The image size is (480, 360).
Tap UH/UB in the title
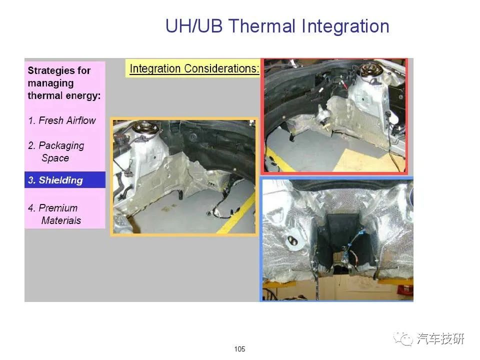click(x=194, y=26)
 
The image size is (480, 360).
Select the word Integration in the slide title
click(x=345, y=27)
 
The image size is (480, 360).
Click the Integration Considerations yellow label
click(x=193, y=68)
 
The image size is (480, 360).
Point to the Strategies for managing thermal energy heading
click(x=64, y=83)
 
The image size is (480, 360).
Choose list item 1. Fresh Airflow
click(x=62, y=120)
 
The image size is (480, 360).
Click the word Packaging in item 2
click(x=61, y=145)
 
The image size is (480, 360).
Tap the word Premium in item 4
click(x=58, y=208)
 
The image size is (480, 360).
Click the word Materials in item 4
click(x=61, y=220)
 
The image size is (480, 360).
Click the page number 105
click(x=239, y=349)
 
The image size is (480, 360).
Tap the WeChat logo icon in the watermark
click(x=403, y=338)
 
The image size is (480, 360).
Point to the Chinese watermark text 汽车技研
click(x=440, y=338)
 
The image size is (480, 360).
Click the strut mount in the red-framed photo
click(x=371, y=70)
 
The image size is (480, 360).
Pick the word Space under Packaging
click(x=55, y=158)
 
